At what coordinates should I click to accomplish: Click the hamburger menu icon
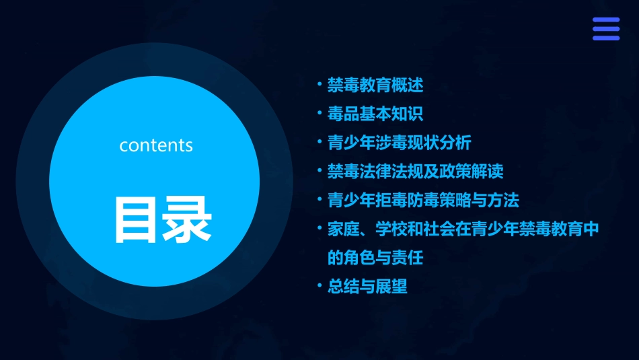(x=605, y=29)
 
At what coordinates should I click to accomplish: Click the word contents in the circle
(x=156, y=145)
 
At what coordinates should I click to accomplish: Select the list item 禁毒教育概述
(x=375, y=85)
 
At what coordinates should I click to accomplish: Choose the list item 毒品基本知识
(x=375, y=114)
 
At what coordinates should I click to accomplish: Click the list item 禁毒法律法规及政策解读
(x=415, y=171)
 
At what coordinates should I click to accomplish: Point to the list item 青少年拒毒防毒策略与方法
(x=423, y=200)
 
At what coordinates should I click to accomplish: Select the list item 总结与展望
(x=367, y=286)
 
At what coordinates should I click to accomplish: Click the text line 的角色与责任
(x=375, y=257)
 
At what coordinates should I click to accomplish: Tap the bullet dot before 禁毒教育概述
(x=320, y=85)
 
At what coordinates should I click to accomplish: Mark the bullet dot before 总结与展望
(x=320, y=285)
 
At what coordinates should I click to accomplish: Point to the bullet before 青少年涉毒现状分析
(x=320, y=142)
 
